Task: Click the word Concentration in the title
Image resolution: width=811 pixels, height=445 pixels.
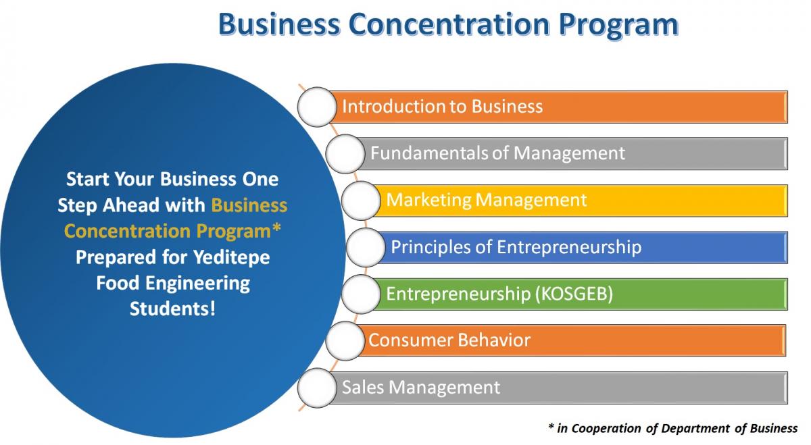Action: [x=450, y=24]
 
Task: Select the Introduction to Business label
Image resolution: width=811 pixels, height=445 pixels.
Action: [x=443, y=107]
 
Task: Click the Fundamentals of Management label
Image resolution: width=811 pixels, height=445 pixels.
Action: [x=497, y=153]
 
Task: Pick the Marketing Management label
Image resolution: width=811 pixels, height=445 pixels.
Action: [x=486, y=200]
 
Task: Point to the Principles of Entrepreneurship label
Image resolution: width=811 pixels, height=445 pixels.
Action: [x=516, y=247]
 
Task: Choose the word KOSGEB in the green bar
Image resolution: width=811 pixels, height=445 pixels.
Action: [x=574, y=294]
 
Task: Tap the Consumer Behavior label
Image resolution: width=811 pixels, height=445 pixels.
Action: [x=449, y=340]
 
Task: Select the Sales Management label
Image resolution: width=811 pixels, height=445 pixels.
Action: [x=421, y=387]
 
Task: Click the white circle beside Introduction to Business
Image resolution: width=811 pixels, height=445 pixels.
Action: [x=317, y=107]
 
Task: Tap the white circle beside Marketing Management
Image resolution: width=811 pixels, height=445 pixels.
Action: [x=361, y=201]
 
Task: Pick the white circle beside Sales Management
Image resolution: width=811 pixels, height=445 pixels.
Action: [x=317, y=388]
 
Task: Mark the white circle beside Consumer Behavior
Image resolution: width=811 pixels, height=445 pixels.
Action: [x=345, y=341]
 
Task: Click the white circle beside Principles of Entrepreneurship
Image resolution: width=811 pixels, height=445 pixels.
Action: [x=366, y=247]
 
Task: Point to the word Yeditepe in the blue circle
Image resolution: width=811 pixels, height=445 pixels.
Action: [x=231, y=258]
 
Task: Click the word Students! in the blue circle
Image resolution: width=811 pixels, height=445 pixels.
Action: [x=173, y=309]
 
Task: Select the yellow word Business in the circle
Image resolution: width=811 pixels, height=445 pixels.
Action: [x=249, y=205]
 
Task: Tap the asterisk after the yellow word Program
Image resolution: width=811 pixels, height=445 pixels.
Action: [x=276, y=228]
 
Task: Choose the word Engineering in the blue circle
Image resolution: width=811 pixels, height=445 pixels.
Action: [x=197, y=284]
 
